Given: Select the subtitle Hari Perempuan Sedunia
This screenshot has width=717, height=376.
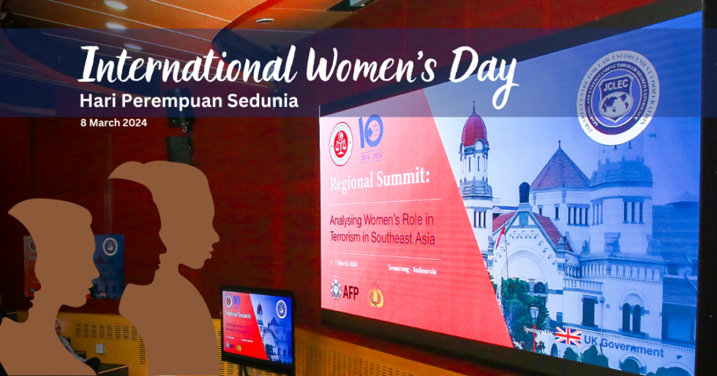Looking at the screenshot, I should click(x=189, y=101).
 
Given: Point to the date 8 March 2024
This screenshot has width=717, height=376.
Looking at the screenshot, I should click(x=113, y=122).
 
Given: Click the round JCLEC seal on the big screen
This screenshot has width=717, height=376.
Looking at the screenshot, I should click(x=616, y=97).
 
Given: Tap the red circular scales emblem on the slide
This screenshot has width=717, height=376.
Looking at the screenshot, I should click(x=340, y=143).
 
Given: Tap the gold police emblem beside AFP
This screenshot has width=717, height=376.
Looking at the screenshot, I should click(x=375, y=294).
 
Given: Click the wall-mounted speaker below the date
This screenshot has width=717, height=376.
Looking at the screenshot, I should click(x=179, y=148).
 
